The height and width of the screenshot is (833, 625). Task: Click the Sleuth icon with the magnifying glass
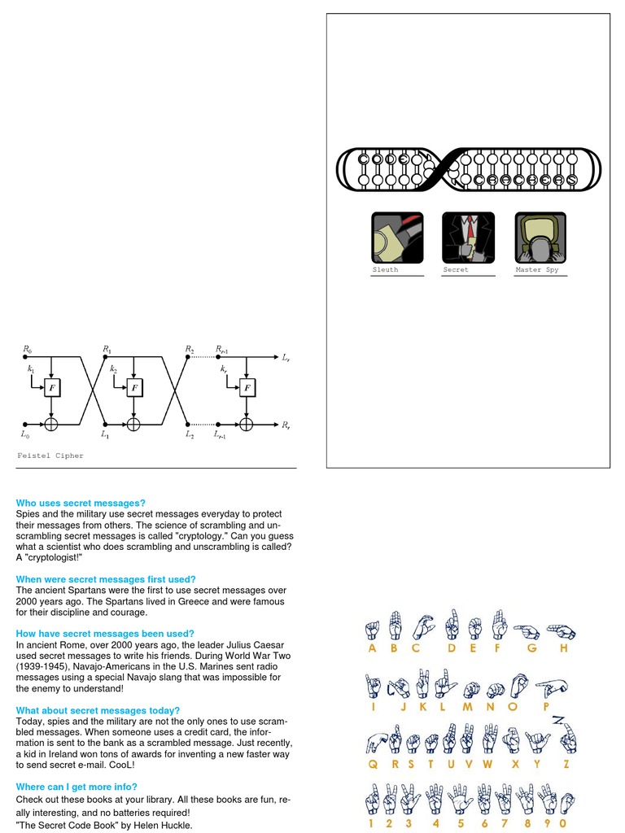[397, 238]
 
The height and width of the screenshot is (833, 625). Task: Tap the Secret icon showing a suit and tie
[468, 238]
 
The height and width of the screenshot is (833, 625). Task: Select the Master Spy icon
[540, 238]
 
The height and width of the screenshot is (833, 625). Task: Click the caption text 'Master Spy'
[537, 270]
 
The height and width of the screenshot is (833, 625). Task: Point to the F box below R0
[53, 388]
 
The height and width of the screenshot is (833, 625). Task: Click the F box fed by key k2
[134, 388]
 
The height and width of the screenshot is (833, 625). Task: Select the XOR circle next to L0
[53, 424]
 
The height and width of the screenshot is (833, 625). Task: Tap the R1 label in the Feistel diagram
[107, 350]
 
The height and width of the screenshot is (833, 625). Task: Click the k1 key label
[32, 369]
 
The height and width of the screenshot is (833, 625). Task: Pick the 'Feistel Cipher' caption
[50, 456]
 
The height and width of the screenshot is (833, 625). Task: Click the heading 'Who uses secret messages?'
[81, 504]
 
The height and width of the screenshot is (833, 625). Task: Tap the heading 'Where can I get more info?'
[76, 787]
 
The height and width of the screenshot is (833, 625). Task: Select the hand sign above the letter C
[422, 626]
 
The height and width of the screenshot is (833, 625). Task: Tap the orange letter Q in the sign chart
[373, 765]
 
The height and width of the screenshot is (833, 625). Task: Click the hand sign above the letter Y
[538, 740]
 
